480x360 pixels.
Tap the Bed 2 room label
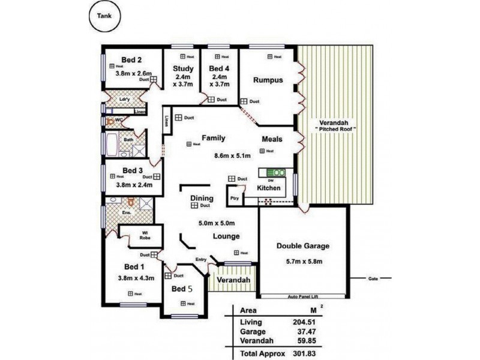(131, 60)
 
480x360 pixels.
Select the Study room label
(182, 68)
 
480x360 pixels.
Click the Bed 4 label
(219, 68)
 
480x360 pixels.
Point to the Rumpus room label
(267, 80)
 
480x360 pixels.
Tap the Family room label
(213, 138)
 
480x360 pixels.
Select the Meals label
(272, 139)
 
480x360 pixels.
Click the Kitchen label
(269, 188)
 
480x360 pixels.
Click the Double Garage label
(303, 246)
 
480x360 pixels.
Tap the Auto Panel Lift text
(303, 296)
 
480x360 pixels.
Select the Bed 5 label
(182, 289)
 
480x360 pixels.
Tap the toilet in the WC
(110, 121)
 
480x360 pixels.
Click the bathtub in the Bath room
(112, 145)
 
